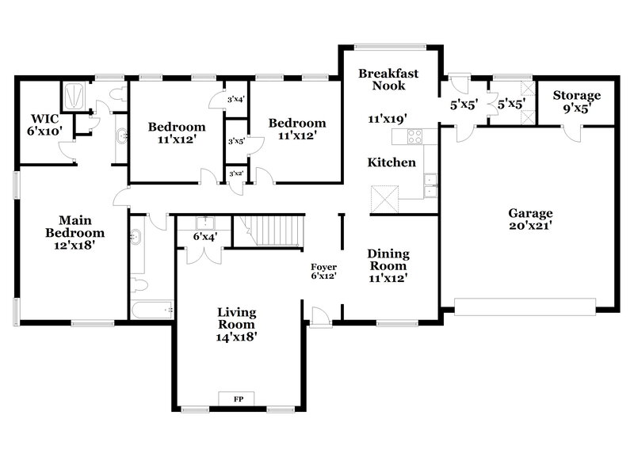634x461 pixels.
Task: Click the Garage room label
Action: [530, 219]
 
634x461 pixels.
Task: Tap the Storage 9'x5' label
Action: [576, 101]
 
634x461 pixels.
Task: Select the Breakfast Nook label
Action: [388, 79]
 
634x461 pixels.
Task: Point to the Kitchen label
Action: [391, 162]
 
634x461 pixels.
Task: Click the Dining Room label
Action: [388, 265]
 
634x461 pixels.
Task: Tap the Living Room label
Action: [236, 324]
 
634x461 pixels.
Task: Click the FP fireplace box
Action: [238, 398]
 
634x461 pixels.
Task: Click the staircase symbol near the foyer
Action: [277, 230]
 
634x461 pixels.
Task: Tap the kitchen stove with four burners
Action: [415, 135]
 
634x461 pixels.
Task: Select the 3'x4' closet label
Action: [236, 100]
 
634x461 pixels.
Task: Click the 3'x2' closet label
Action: [235, 173]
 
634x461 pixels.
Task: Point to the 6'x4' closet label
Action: [205, 236]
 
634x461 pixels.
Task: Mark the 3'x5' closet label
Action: [235, 142]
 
